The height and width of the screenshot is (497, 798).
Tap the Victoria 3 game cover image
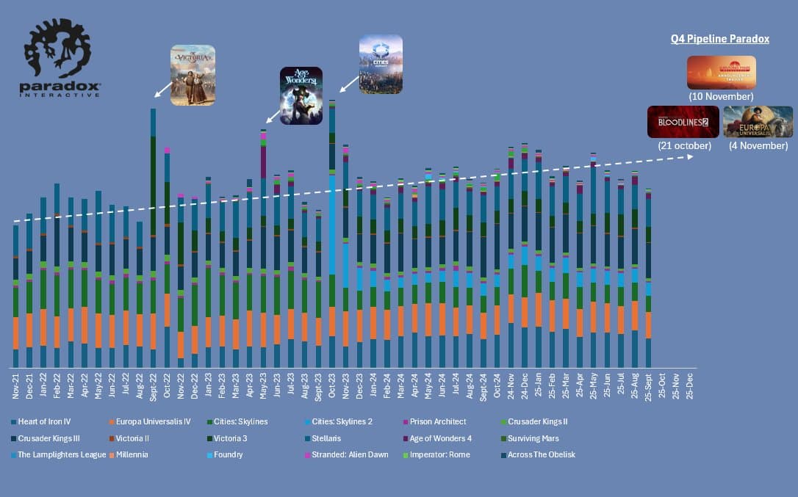pos(193,75)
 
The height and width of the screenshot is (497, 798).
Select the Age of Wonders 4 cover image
pos(301,95)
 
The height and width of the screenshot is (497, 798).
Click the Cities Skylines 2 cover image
pos(381,64)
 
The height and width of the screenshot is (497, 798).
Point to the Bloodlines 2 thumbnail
pos(683,122)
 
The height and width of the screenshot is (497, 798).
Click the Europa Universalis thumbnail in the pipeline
pos(758,122)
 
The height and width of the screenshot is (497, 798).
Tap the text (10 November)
pos(721,96)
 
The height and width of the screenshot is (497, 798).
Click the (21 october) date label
pos(683,145)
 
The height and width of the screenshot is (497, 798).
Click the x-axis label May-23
pos(263,386)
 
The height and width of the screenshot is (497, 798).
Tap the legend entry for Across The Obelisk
pos(541,454)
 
